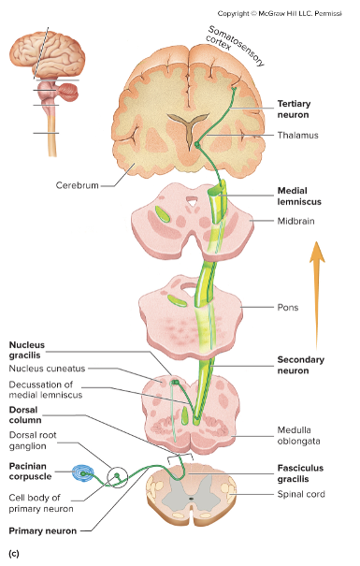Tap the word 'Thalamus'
298,136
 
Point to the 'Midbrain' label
297,221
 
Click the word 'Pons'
289,307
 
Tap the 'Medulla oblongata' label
300,436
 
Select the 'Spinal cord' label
301,493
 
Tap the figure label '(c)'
13,554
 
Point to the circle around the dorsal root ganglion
119,477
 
